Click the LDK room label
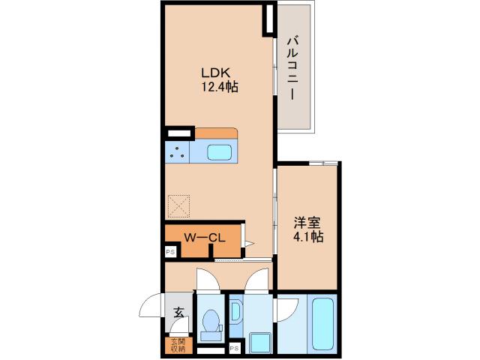click(x=215, y=73)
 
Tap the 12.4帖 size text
click(x=220, y=87)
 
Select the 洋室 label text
click(x=307, y=223)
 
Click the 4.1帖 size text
click(x=308, y=237)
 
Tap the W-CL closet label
click(x=205, y=238)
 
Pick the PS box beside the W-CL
click(x=170, y=252)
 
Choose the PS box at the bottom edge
click(x=235, y=348)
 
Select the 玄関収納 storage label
click(x=178, y=345)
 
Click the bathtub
click(x=322, y=323)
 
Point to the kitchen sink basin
click(x=219, y=152)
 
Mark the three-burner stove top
click(x=177, y=152)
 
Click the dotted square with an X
click(x=178, y=206)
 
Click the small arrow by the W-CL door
click(x=249, y=244)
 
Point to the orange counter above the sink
click(x=216, y=133)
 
